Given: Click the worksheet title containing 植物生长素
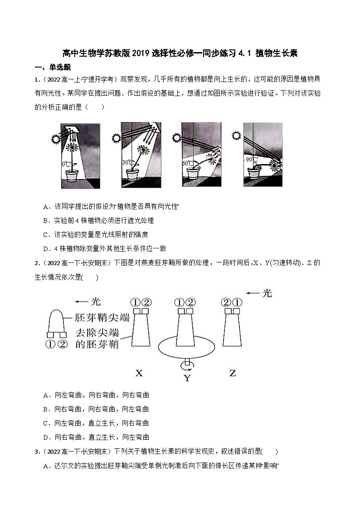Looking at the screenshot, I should point(180,53).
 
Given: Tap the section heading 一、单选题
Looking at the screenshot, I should point(53,67).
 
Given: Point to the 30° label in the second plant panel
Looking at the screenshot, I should point(126,162).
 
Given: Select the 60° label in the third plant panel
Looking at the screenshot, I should point(186,163).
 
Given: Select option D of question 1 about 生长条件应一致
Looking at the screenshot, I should point(105,248).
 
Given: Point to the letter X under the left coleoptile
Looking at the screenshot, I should point(139,373).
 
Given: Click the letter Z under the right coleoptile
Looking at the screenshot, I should point(233,373).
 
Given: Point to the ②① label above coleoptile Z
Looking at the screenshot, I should point(232,302).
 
